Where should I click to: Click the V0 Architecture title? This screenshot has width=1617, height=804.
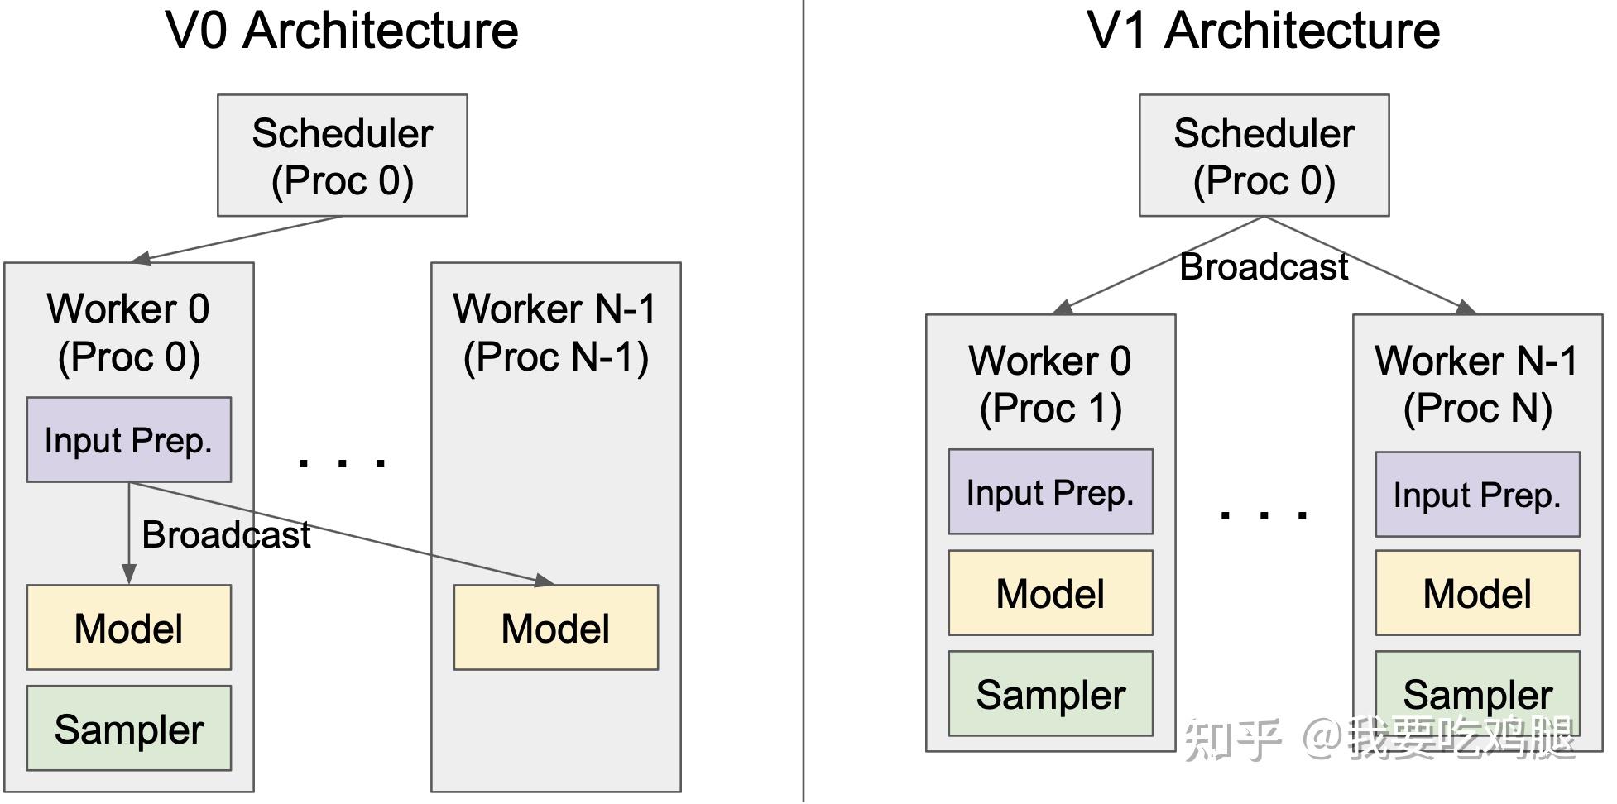click(342, 31)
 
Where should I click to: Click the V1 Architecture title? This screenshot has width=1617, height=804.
click(1263, 31)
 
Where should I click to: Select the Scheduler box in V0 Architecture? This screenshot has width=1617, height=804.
click(342, 156)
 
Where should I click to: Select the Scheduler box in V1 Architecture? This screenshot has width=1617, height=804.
click(1264, 156)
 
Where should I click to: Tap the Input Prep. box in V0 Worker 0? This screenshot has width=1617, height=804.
click(128, 440)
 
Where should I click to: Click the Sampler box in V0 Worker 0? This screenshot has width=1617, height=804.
click(128, 729)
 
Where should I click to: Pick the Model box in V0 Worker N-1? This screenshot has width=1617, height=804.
click(555, 628)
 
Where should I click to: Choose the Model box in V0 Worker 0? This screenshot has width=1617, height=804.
click(128, 628)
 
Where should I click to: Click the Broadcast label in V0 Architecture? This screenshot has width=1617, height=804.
click(226, 535)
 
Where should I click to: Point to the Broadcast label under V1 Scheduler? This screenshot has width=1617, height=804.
click(1264, 267)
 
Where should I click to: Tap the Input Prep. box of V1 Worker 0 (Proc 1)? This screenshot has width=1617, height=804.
click(1050, 492)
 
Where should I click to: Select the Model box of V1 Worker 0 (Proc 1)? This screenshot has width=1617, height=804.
click(1050, 593)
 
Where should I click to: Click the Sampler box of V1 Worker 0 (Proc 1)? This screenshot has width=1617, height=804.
click(1050, 694)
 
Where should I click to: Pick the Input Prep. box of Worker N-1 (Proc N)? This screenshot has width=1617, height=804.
click(1477, 495)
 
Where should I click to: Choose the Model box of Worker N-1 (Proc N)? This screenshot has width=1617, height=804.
click(1477, 593)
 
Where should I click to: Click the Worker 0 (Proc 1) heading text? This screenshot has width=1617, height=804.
click(1050, 384)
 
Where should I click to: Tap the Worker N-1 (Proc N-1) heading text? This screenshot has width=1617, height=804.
click(555, 333)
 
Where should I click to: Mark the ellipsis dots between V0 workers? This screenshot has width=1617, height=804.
click(342, 462)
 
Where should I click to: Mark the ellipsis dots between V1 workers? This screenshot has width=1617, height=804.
click(1264, 514)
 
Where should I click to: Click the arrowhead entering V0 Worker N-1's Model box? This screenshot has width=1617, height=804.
click(544, 581)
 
